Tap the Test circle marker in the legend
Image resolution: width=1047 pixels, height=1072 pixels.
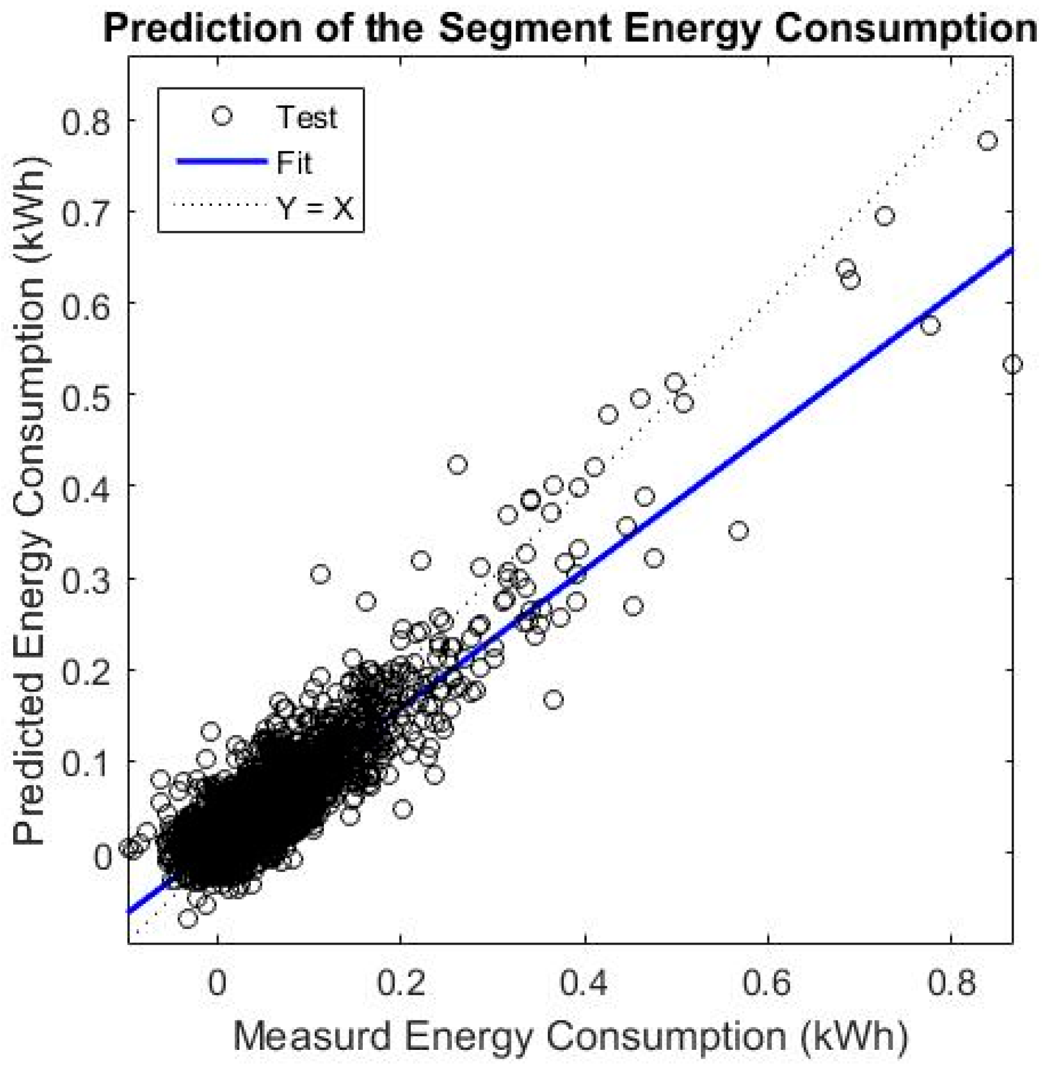tap(222, 116)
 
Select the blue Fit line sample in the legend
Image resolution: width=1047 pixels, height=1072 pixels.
tap(222, 162)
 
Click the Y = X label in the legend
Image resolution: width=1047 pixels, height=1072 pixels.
tap(315, 208)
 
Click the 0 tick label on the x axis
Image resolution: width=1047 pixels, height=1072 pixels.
tap(217, 983)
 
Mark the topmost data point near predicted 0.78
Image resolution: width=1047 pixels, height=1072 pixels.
tap(987, 141)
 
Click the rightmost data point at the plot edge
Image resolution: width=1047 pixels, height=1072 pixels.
tap(1012, 365)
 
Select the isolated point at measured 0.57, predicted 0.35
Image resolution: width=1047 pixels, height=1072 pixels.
tap(738, 531)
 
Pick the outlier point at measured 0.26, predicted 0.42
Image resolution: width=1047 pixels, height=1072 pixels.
tap(457, 464)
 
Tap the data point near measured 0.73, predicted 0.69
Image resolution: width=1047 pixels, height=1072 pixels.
tap(885, 216)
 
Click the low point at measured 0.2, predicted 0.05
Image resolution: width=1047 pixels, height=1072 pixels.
tap(403, 809)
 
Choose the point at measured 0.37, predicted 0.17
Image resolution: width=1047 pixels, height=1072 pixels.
tap(554, 699)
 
